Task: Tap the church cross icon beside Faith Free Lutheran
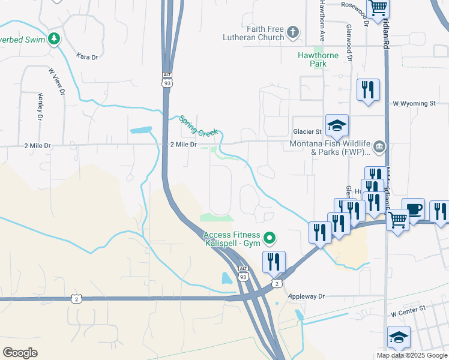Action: coord(293,32)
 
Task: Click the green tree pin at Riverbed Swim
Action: coord(55,38)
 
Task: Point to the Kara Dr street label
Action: coord(87,56)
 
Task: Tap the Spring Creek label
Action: coord(198,125)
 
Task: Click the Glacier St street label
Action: coord(307,131)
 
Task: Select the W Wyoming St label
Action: coord(414,104)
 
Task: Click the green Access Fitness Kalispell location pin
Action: coord(270,239)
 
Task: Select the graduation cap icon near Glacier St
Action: coord(337,125)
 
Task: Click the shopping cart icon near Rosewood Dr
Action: coord(378,8)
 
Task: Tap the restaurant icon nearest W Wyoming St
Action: coord(367,90)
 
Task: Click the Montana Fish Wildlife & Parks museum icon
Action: coord(379,146)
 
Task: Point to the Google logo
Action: coord(20,353)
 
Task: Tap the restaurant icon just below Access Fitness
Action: coord(273,262)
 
